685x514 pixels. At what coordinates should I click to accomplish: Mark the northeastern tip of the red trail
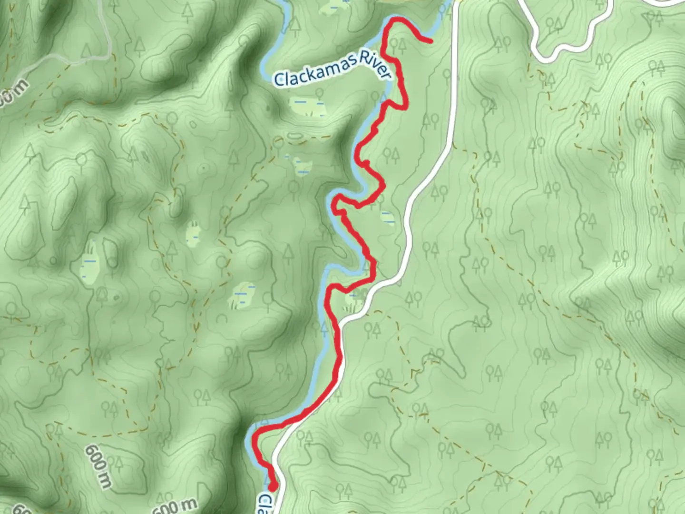(431, 41)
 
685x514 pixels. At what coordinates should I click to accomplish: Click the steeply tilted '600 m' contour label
(98, 466)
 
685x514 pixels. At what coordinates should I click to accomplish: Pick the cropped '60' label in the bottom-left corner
(21, 509)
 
